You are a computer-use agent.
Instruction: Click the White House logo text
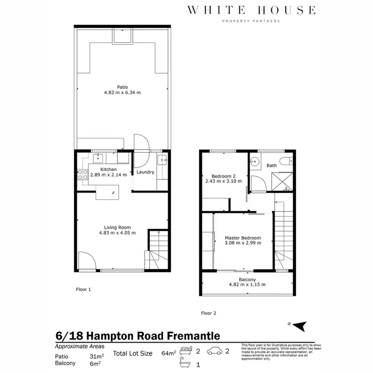pyautogui.click(x=251, y=10)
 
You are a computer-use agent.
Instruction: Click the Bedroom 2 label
pyautogui.click(x=223, y=176)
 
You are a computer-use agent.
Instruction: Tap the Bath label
pyautogui.click(x=272, y=166)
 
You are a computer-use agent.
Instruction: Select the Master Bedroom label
pyautogui.click(x=243, y=238)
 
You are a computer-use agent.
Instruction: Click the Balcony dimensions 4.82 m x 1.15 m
pyautogui.click(x=247, y=284)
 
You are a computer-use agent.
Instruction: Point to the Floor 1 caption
pyautogui.click(x=83, y=289)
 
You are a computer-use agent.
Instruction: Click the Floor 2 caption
pyautogui.click(x=209, y=313)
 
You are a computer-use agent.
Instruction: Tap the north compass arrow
pyautogui.click(x=299, y=326)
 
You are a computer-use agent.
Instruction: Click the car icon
pyautogui.click(x=215, y=351)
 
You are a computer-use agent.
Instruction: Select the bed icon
pyautogui.click(x=186, y=351)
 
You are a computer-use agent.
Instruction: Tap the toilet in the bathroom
pyautogui.click(x=285, y=162)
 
